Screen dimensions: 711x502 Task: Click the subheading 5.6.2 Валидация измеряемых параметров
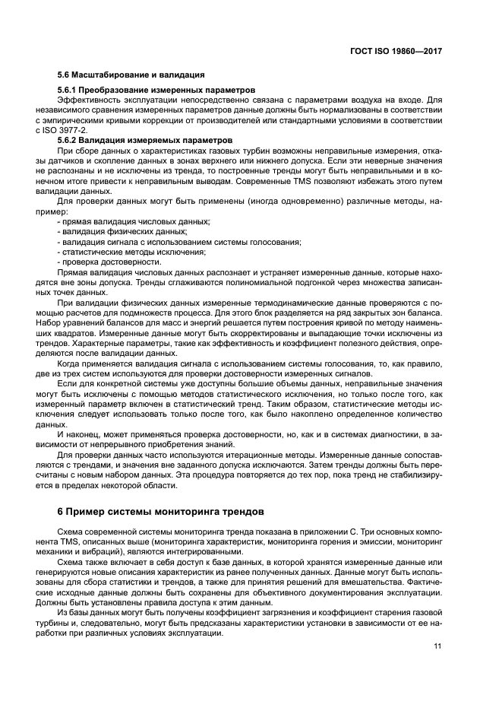tap(132, 141)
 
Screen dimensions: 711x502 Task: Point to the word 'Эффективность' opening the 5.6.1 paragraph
tap(87, 100)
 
